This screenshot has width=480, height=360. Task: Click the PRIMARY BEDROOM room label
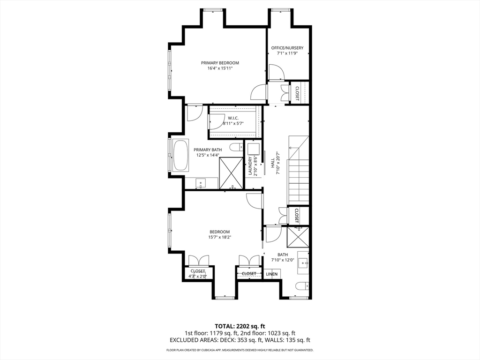pos(220,63)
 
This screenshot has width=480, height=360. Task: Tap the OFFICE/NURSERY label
pos(287,48)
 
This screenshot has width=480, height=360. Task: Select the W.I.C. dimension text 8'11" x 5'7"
pos(233,123)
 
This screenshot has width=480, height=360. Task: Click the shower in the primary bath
pos(231,173)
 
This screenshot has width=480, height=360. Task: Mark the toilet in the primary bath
pos(236,147)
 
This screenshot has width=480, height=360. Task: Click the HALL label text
pos(272,163)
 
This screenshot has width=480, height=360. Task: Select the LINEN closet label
pos(272,274)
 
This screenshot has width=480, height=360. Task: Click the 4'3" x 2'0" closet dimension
pos(198,277)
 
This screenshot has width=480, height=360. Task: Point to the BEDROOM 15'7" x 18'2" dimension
pos(219,237)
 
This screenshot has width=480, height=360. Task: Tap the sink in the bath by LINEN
pos(303,262)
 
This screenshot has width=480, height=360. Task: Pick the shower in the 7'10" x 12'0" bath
pos(298,237)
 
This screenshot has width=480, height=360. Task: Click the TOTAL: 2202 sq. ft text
pos(240,326)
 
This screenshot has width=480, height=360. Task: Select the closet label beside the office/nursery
pos(297,93)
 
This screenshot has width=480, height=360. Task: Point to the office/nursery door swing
pos(277,73)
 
